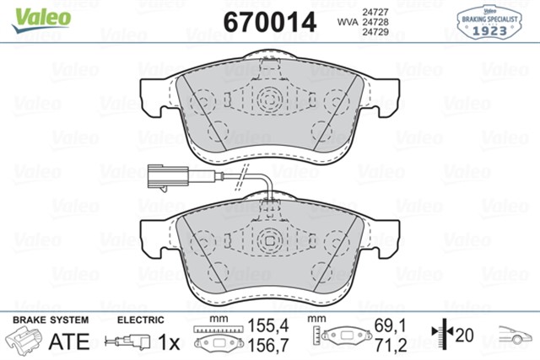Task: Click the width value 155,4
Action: pos(262,324)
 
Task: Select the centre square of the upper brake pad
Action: pos(269,96)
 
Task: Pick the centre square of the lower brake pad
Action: pos(269,238)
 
